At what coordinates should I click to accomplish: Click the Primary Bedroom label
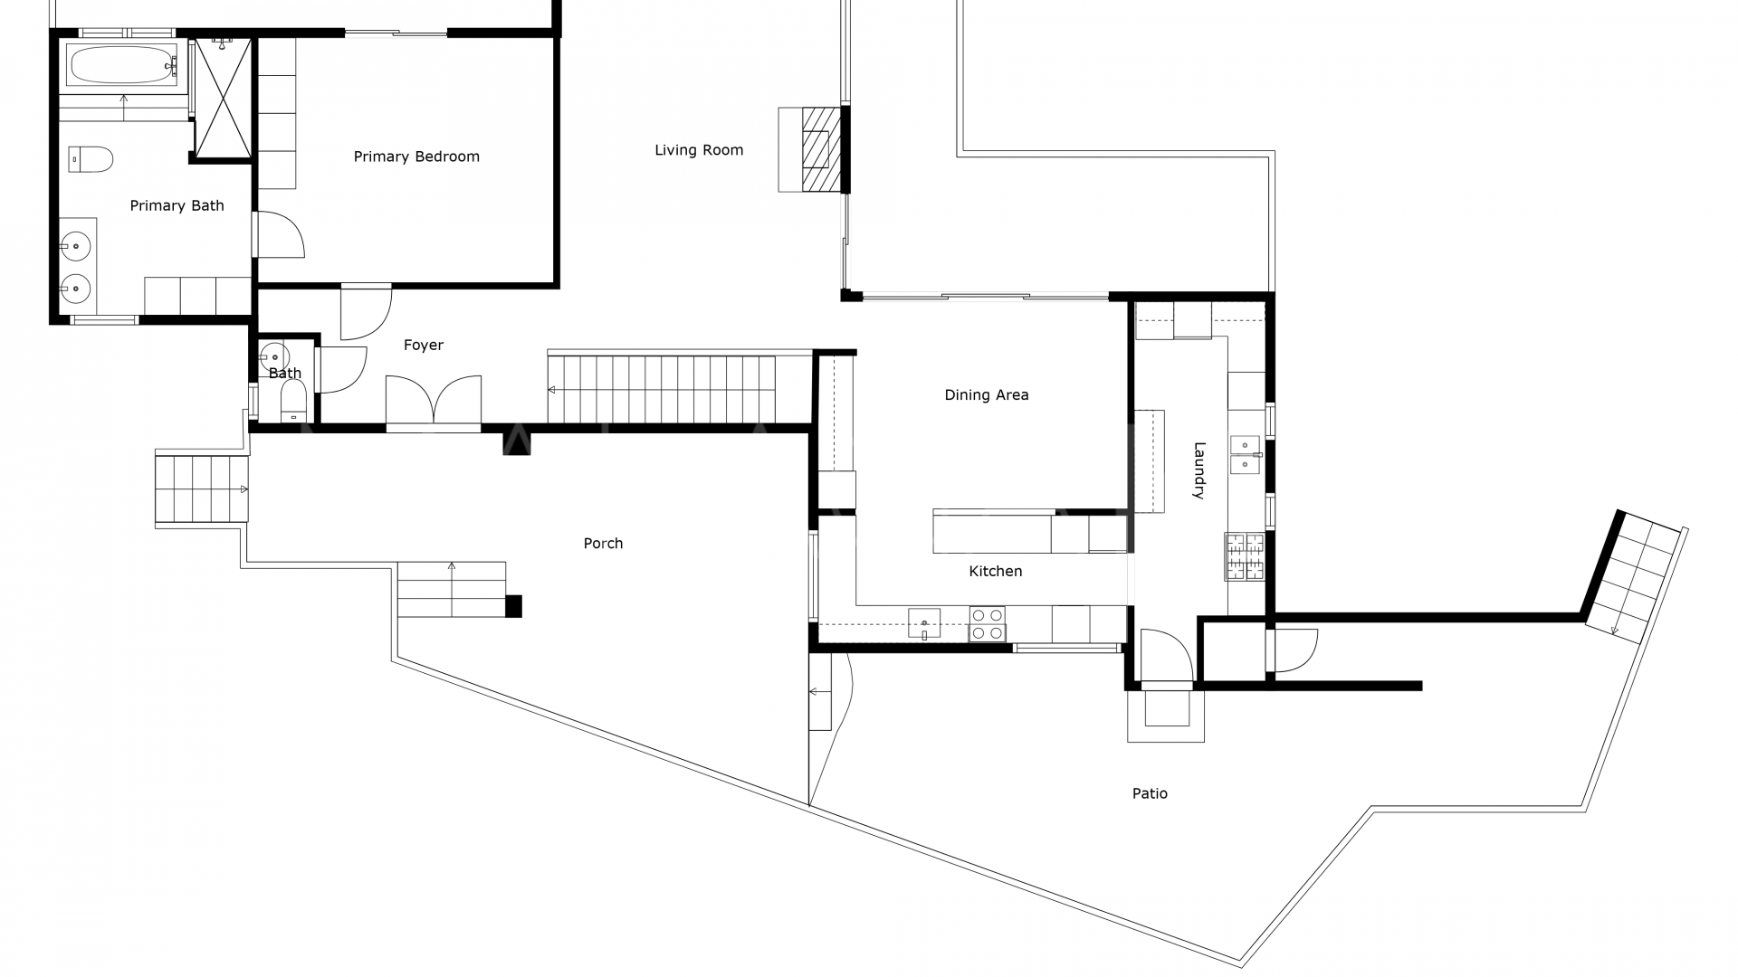[416, 157]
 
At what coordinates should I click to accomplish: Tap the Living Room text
[699, 150]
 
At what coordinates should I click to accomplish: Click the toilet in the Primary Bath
[91, 159]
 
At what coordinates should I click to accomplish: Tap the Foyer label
[424, 345]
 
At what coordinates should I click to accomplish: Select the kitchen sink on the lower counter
[924, 622]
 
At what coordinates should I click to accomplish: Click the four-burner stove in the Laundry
[1245, 556]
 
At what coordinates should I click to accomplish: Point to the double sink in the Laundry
[1246, 454]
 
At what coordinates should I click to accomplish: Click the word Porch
[603, 543]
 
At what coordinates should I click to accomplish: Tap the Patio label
[1150, 793]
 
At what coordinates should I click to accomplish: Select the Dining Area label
[986, 394]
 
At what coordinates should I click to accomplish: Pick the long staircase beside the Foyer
[661, 389]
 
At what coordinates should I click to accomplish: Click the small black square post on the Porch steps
[513, 606]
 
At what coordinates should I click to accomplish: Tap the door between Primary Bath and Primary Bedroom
[278, 234]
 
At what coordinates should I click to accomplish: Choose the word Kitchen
[995, 571]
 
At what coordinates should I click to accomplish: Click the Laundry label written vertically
[1198, 470]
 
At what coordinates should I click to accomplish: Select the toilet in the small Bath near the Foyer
[293, 401]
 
